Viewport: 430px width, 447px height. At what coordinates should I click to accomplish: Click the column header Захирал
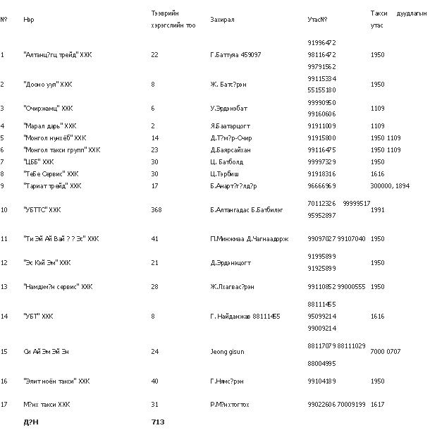(x=222, y=19)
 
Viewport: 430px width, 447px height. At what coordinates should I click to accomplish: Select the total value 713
(x=158, y=422)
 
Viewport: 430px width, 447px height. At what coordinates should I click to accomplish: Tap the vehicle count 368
(x=158, y=209)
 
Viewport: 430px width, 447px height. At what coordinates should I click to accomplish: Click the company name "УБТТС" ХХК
(x=42, y=209)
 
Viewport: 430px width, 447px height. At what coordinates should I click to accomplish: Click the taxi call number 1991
(x=377, y=209)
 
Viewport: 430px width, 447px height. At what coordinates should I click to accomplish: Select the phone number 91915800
(x=322, y=138)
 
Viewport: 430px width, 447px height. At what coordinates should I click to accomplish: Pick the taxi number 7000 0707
(x=386, y=350)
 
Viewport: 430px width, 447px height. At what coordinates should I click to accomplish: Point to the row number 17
(x=4, y=405)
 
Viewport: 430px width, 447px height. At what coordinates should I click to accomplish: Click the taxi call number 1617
(x=377, y=405)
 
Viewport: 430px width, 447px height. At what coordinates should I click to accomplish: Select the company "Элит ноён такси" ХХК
(x=56, y=381)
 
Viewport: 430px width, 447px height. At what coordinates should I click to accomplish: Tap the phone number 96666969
(x=322, y=186)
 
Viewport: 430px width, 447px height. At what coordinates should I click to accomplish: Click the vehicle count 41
(x=154, y=239)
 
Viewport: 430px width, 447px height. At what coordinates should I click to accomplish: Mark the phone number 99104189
(x=322, y=381)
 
